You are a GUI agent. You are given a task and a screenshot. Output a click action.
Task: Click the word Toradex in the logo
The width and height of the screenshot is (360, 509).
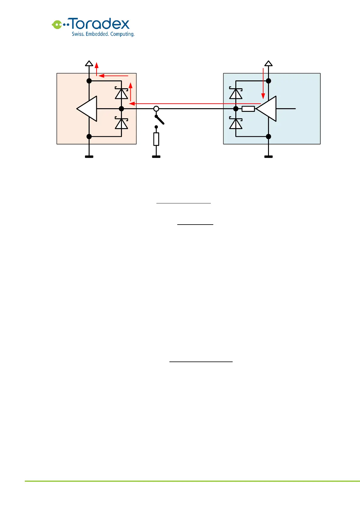tap(100, 24)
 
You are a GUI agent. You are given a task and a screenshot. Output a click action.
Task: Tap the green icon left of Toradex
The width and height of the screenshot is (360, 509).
tap(57, 24)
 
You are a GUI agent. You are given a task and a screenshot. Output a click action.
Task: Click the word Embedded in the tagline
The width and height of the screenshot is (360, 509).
tap(97, 34)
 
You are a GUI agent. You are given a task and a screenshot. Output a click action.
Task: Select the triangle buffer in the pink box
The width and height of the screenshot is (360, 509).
tap(87, 109)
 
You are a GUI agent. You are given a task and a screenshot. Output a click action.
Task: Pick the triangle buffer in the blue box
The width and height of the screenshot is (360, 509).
tap(267, 109)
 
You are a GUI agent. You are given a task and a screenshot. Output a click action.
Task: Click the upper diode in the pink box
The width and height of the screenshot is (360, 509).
tap(121, 93)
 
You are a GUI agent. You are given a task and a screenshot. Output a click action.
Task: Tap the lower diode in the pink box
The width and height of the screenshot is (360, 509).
tap(121, 123)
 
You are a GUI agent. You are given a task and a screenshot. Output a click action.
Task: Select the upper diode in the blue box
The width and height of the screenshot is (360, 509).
tap(236, 93)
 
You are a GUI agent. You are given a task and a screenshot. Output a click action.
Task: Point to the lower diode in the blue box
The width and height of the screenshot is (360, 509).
tap(236, 123)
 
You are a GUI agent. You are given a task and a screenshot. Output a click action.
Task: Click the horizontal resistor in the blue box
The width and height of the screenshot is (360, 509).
tap(248, 109)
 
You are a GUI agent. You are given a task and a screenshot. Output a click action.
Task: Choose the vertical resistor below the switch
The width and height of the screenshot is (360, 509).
tap(156, 139)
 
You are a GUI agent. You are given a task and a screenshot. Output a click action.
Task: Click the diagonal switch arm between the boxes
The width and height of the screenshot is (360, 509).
tap(160, 120)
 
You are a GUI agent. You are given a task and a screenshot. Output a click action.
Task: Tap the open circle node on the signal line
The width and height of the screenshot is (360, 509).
tap(156, 109)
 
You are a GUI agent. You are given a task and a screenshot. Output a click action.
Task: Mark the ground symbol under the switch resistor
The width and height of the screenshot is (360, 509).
tap(156, 156)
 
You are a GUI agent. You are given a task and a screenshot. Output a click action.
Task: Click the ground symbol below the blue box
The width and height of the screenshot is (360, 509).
tap(268, 156)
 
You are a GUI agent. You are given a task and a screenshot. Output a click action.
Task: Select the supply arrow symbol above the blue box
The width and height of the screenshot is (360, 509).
tap(268, 63)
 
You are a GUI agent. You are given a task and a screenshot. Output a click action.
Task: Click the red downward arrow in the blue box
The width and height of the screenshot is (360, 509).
tap(263, 83)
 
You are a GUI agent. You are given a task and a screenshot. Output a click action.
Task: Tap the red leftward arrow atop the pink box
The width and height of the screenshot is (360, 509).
tap(113, 76)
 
